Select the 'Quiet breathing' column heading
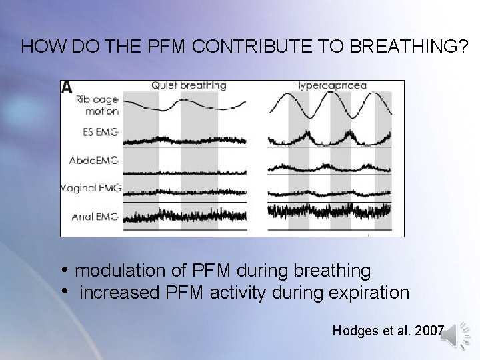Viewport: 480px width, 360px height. pyautogui.click(x=189, y=85)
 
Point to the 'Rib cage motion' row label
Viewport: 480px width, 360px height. pyautogui.click(x=97, y=105)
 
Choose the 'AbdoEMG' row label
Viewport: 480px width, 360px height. pyautogui.click(x=95, y=160)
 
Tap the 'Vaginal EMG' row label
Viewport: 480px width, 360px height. pyautogui.click(x=91, y=188)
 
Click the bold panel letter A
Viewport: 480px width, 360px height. pyautogui.click(x=67, y=87)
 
